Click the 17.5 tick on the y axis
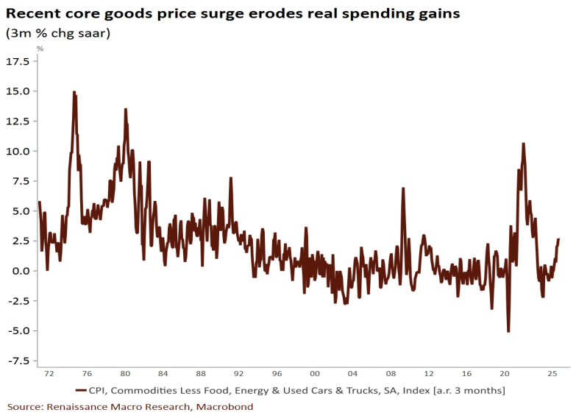click(x=17, y=62)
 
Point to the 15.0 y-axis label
click(x=17, y=91)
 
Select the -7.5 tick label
click(x=17, y=361)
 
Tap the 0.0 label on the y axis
click(x=20, y=271)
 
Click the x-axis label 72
click(x=49, y=374)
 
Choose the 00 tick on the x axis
click(x=315, y=374)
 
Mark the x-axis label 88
click(x=201, y=374)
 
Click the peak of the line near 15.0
click(x=74, y=93)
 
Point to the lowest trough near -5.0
click(x=508, y=332)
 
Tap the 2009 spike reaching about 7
click(x=403, y=188)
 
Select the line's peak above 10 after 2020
click(x=523, y=144)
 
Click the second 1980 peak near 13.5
click(x=125, y=109)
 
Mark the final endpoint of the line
click(x=558, y=239)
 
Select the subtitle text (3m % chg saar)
click(x=57, y=33)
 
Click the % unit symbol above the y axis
click(x=40, y=49)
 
